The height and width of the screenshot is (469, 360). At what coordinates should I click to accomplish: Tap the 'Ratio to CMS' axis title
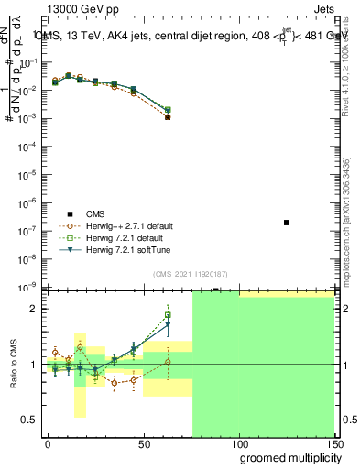point(12,365)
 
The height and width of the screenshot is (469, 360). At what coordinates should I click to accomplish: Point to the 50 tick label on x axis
point(143,442)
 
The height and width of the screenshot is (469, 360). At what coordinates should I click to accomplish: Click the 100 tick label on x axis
point(238,442)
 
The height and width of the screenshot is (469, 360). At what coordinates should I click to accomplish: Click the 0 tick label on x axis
point(48,442)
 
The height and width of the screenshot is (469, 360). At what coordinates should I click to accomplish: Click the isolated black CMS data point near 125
point(287,223)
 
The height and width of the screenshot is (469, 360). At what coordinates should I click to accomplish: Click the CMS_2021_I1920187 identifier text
point(190,275)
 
